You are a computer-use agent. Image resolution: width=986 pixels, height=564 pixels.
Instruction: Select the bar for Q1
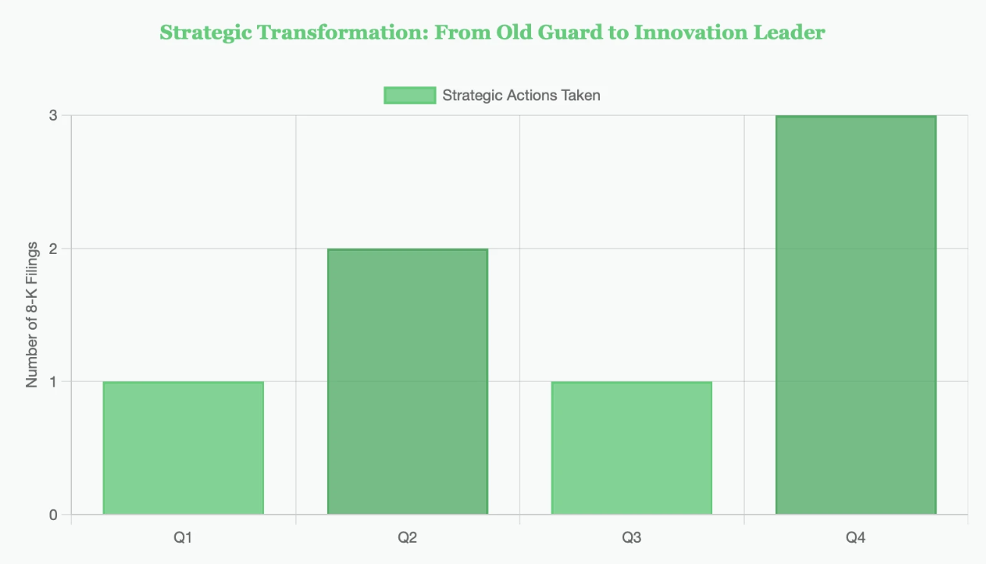coord(183,448)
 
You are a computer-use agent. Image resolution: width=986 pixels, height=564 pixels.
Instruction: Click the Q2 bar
coord(407,381)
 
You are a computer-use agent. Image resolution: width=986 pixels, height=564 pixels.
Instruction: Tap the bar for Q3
coord(631,448)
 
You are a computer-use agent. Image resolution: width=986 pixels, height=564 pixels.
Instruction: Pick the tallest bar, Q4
coord(856,315)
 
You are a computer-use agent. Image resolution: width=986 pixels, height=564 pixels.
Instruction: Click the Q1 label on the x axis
coord(183,538)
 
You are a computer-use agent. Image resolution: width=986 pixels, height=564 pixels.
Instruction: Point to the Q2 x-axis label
coord(407,538)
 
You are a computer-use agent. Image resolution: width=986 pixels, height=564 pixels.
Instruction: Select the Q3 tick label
coord(631,538)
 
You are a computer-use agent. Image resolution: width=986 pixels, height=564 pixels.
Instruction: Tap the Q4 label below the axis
coord(856,538)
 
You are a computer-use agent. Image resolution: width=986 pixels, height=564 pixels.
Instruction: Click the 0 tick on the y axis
coord(54,515)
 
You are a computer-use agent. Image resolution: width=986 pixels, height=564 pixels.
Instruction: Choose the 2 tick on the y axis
coord(54,249)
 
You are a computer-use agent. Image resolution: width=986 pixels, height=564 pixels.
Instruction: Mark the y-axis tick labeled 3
coord(54,116)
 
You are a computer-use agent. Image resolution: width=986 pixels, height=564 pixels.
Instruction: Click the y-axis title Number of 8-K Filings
coord(32,315)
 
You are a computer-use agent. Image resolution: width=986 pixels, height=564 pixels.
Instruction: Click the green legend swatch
coord(410,96)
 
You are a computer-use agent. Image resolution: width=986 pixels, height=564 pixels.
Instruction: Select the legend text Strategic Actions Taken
coord(521,96)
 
